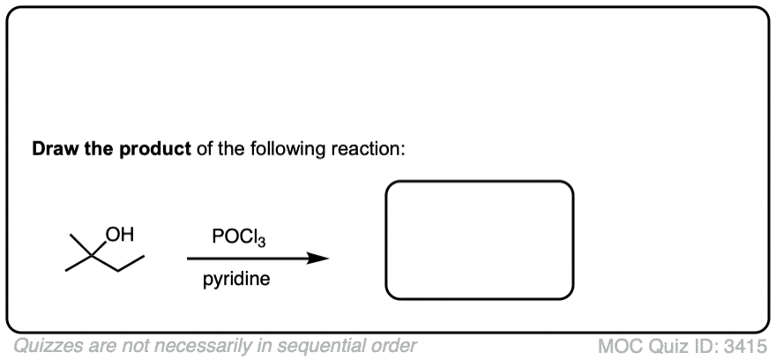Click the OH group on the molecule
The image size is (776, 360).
120,235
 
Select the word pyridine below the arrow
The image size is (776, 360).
236,280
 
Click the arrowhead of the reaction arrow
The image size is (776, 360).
317,258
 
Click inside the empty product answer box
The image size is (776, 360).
480,240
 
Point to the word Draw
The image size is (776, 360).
54,148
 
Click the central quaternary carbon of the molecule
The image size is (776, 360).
91,256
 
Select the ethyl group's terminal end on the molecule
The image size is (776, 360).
144,257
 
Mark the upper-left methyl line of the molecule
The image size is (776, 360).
80,245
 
